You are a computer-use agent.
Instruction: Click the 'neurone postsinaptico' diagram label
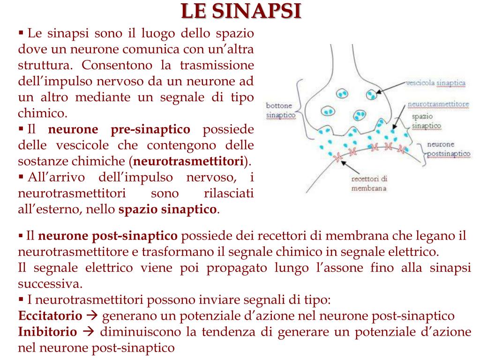pyautogui.click(x=448, y=149)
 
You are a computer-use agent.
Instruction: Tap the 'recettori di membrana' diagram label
pyautogui.click(x=369, y=183)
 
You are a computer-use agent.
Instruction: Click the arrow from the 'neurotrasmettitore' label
pyautogui.click(x=399, y=117)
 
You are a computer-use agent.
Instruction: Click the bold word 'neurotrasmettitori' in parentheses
pyautogui.click(x=189, y=161)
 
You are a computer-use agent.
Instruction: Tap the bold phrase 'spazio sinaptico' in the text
pyautogui.click(x=167, y=209)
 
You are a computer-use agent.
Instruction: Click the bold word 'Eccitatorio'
pyautogui.click(x=50, y=315)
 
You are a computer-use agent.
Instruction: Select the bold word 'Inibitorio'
pyautogui.click(x=47, y=332)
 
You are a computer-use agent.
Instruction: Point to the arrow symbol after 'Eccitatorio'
pyautogui.click(x=92, y=315)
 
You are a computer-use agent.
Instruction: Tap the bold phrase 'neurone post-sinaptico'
pyautogui.click(x=108, y=235)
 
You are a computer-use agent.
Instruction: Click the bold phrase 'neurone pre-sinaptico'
pyautogui.click(x=120, y=129)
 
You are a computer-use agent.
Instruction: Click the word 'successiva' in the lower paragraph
pyautogui.click(x=49, y=284)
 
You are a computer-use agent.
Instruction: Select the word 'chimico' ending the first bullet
pyautogui.click(x=41, y=113)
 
